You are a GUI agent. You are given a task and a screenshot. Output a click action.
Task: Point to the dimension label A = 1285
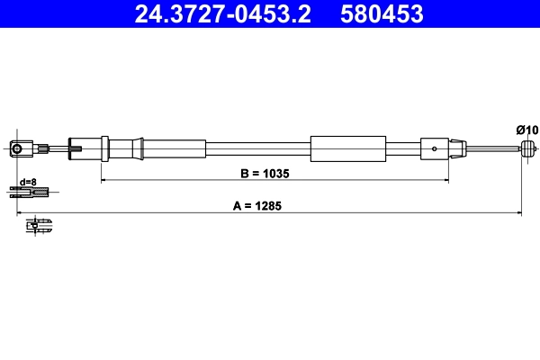257,205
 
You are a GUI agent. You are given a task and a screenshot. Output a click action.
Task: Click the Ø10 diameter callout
526,130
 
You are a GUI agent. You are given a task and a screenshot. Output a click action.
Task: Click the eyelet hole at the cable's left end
16,148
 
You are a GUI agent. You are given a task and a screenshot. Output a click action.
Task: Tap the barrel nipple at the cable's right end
530,148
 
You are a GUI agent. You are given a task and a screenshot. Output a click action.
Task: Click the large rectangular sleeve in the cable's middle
347,148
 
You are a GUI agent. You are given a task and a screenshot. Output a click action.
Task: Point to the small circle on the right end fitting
435,148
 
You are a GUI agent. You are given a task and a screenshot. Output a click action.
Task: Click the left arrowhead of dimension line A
20,213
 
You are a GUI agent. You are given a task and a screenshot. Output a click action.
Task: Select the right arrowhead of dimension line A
519,213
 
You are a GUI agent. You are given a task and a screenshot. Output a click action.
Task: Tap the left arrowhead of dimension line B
103,180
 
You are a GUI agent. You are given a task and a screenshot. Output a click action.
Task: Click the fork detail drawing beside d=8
31,190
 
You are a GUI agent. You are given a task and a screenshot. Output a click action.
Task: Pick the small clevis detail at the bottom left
38,224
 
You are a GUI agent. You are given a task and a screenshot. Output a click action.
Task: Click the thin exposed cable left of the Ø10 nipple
494,148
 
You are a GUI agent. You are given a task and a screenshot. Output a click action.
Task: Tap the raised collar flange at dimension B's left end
105,148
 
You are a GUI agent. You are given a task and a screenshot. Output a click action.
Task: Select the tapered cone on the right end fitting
456,148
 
